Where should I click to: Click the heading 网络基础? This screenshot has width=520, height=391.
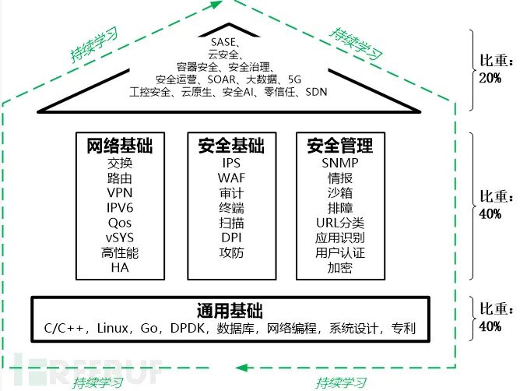coord(120,146)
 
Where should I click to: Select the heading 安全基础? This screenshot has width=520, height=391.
coord(231,146)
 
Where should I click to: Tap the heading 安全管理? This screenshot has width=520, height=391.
coord(340,146)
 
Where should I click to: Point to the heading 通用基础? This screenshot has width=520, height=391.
coord(230,311)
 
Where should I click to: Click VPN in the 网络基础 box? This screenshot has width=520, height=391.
coord(120,193)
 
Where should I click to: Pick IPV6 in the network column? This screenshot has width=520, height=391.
coord(120,208)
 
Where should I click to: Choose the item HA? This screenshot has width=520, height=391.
coord(120,267)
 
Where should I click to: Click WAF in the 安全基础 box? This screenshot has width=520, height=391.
coord(231,178)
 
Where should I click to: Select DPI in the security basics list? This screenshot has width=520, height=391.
coord(231,238)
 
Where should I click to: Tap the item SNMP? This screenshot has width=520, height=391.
coord(340,163)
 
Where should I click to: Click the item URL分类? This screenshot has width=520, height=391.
coord(340,223)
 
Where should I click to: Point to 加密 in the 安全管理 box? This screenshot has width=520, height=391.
coord(340,267)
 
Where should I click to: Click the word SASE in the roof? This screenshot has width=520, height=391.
coord(223,42)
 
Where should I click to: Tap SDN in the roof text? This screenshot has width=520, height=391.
coord(316,92)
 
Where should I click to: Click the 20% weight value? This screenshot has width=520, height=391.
coord(490,79)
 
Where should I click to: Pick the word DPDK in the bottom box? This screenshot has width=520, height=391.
coord(187,328)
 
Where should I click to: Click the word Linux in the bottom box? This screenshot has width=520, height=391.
coord(112,328)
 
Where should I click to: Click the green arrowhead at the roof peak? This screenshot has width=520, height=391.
coord(216,5)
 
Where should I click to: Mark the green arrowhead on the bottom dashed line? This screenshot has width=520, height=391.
coord(242,368)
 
